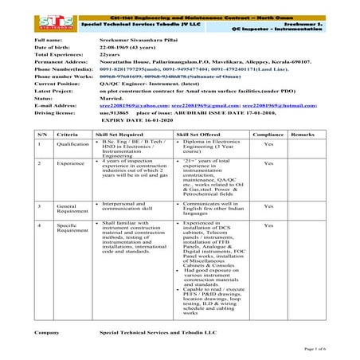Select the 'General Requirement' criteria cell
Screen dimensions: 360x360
point(72,209)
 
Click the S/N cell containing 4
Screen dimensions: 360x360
point(40,226)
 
